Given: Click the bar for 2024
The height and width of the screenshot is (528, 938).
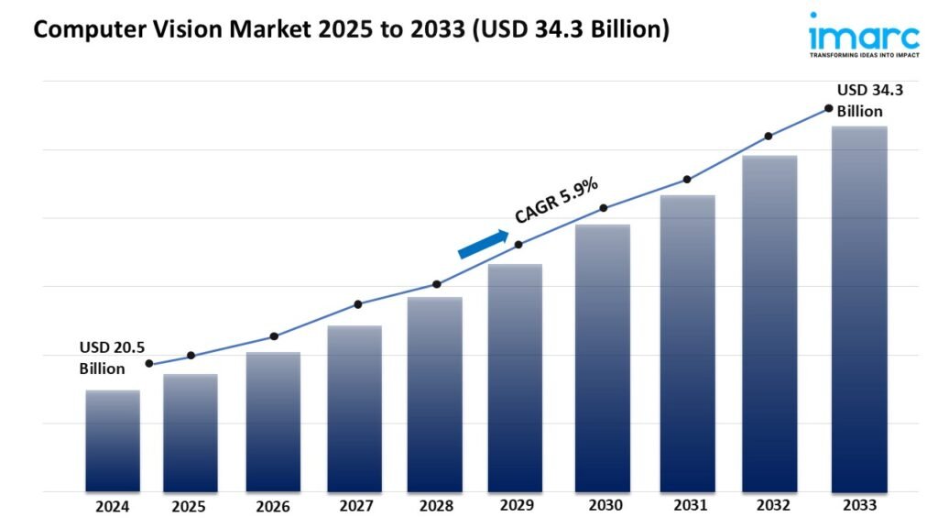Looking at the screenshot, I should [113, 441].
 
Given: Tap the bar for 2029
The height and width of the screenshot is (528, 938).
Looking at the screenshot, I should [515, 378].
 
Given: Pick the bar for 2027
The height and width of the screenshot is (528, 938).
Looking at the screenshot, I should [354, 409].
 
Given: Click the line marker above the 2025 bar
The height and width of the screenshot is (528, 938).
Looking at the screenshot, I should [191, 356].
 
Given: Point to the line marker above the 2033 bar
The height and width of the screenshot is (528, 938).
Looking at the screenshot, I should [829, 108].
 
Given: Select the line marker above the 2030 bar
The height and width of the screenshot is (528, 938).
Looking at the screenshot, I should [604, 208].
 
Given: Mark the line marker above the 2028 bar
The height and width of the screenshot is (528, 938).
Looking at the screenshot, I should [437, 284].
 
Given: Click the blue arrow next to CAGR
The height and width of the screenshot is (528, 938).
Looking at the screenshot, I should [483, 244].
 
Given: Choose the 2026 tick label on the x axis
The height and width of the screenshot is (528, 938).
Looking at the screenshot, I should [273, 507].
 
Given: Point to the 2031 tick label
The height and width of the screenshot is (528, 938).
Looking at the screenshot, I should [687, 507].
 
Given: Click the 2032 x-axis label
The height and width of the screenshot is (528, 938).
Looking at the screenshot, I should [771, 507].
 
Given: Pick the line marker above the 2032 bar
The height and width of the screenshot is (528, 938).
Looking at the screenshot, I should [769, 136].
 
